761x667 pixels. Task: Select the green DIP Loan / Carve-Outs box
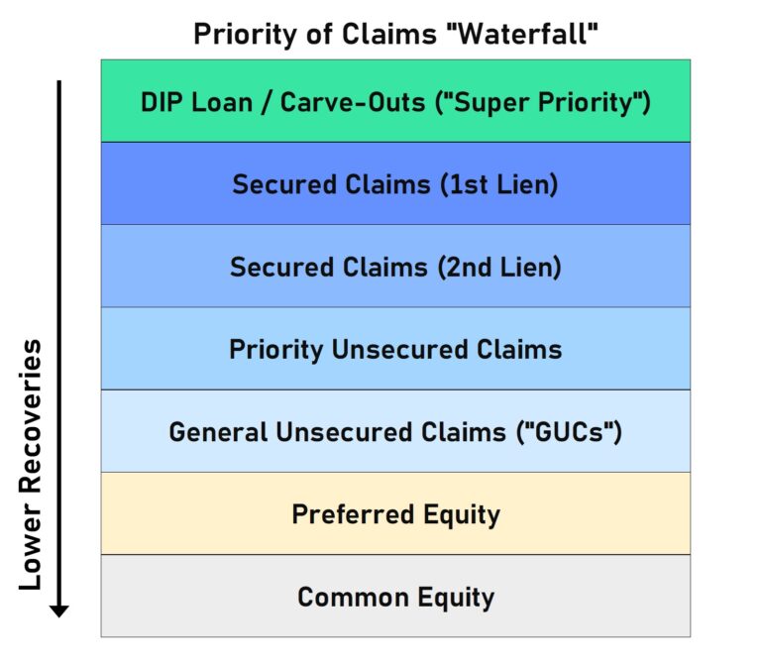pyautogui.click(x=395, y=100)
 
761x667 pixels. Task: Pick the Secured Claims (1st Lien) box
pyautogui.click(x=395, y=183)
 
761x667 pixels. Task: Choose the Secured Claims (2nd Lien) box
pyautogui.click(x=395, y=266)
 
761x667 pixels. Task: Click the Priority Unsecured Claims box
pyautogui.click(x=395, y=349)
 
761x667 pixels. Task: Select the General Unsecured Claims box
pyautogui.click(x=395, y=431)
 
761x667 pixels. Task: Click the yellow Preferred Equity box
pyautogui.click(x=395, y=513)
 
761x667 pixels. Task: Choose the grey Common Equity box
pyautogui.click(x=395, y=597)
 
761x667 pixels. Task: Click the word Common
pyautogui.click(x=348, y=598)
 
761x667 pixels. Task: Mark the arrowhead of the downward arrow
pyautogui.click(x=59, y=610)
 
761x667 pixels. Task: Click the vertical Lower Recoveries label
pyautogui.click(x=31, y=465)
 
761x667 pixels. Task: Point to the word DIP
pyautogui.click(x=163, y=101)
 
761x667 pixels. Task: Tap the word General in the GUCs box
pyautogui.click(x=217, y=432)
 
